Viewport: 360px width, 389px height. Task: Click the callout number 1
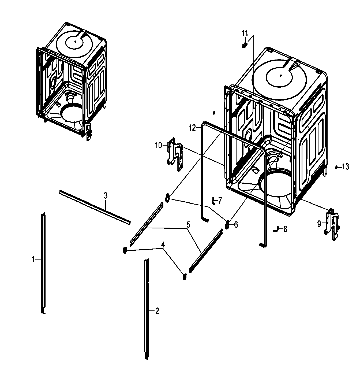pos(33,259)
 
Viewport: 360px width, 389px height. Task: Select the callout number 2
pos(157,311)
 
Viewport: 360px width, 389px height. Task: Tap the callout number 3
pos(106,196)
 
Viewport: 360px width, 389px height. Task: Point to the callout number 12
pos(192,128)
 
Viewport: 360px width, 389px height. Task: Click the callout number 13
pos(346,167)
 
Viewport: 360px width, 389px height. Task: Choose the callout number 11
pos(245,34)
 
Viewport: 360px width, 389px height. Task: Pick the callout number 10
pos(158,146)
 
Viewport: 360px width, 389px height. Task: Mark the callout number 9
pos(319,224)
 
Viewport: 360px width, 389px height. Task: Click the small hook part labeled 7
pos(213,201)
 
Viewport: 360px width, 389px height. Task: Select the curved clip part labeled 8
pos(275,229)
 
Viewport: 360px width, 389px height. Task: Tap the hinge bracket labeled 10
pos(175,154)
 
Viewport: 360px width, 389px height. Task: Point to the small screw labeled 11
pos(244,45)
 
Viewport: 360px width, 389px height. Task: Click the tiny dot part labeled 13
pos(336,167)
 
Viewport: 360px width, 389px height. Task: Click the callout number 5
pos(188,225)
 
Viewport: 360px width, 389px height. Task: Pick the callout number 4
pos(163,244)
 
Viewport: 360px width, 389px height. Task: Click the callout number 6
pos(236,224)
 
